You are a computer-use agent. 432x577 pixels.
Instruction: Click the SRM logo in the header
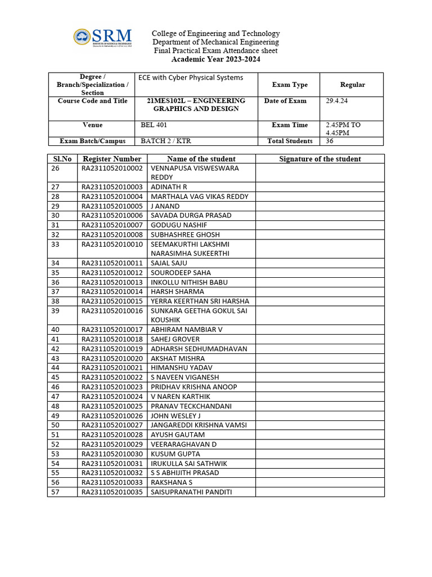click(x=102, y=37)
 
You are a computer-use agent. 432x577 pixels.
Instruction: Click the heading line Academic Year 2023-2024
click(x=215, y=59)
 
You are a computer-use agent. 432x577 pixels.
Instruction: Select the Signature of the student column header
click(x=319, y=159)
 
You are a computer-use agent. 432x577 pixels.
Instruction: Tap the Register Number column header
click(x=112, y=159)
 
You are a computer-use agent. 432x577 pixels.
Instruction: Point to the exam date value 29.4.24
click(x=337, y=101)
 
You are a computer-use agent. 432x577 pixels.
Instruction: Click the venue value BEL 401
click(x=154, y=125)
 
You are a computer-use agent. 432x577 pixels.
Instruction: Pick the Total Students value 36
click(x=330, y=141)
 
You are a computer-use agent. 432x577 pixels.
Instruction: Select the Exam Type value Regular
click(x=352, y=85)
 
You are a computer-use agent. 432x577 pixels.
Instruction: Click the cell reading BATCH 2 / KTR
click(x=166, y=141)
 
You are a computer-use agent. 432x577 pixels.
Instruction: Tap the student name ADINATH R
click(x=169, y=187)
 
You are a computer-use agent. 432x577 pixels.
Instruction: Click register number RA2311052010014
click(x=112, y=292)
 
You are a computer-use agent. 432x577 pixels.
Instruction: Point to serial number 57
click(x=55, y=492)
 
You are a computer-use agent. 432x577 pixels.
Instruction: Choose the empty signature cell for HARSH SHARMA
click(x=319, y=292)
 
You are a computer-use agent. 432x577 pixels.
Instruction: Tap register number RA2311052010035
click(x=112, y=492)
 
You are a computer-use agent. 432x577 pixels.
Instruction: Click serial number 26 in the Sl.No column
click(x=55, y=168)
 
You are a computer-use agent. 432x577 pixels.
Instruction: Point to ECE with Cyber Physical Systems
click(x=191, y=78)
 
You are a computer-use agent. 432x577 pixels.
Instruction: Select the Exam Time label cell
click(x=290, y=125)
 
